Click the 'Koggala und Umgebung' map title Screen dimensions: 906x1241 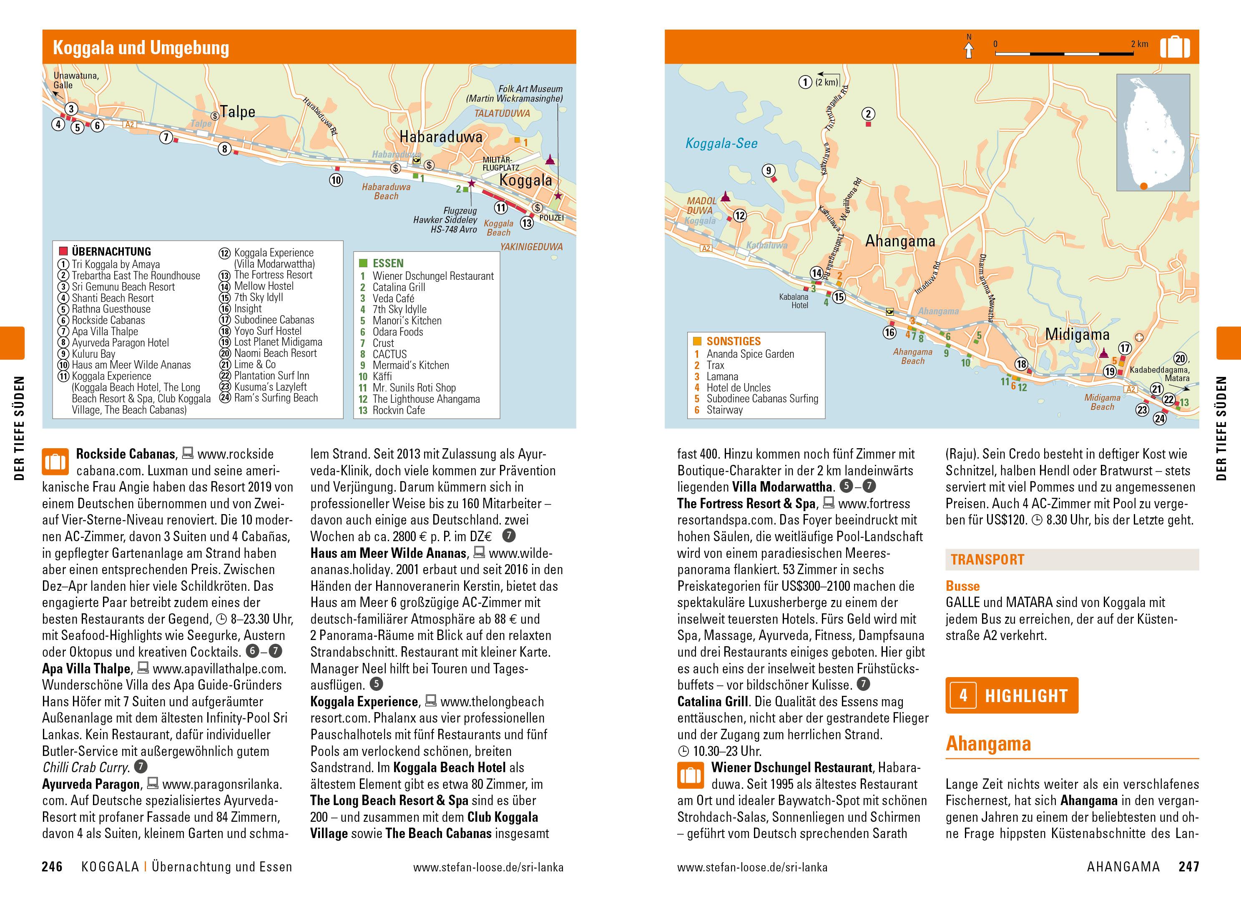pyautogui.click(x=141, y=48)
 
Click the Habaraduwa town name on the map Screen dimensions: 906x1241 pyautogui.click(x=440, y=137)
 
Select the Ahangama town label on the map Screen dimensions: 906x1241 pyautogui.click(x=900, y=241)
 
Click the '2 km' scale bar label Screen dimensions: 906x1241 pyautogui.click(x=1139, y=44)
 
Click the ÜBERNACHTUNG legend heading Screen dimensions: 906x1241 pyautogui.click(x=111, y=252)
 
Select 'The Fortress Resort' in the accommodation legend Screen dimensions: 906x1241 pyautogui.click(x=273, y=275)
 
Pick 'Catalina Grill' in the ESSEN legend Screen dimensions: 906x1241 pyautogui.click(x=399, y=287)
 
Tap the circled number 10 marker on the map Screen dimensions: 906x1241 pyautogui.click(x=336, y=180)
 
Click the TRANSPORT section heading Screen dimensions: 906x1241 pyautogui.click(x=987, y=560)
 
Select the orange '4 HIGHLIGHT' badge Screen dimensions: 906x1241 pyautogui.click(x=1011, y=695)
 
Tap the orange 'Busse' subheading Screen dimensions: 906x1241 pyautogui.click(x=962, y=586)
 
